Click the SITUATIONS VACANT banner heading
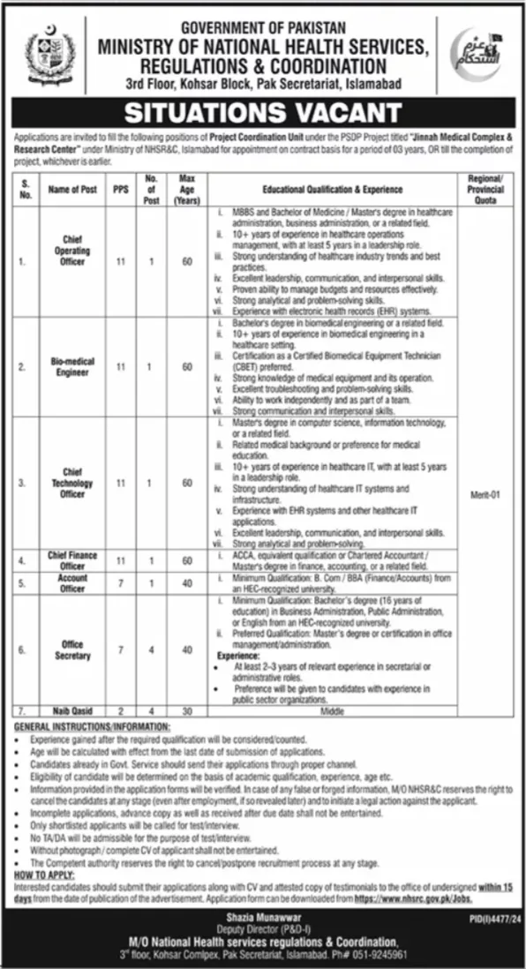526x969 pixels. [x=263, y=112]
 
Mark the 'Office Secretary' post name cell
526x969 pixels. [x=73, y=651]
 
